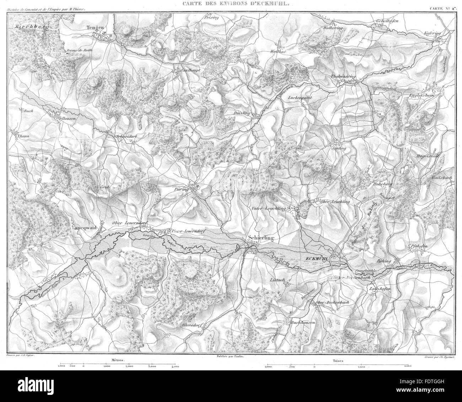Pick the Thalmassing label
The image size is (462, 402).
click(343, 76)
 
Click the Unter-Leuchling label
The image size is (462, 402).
click(273, 209)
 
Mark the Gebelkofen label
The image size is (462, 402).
click(387, 21)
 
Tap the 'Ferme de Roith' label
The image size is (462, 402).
click(79, 50)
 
